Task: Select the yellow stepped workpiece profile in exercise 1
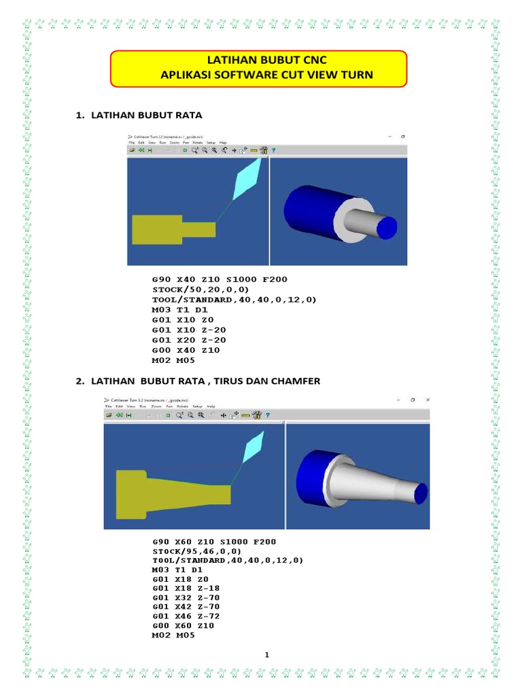tap(163, 229)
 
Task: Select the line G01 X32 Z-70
tap(186, 597)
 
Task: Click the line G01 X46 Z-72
tap(186, 616)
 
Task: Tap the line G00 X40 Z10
tap(186, 350)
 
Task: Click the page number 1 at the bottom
tap(267, 655)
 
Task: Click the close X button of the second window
tap(428, 400)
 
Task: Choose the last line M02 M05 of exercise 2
tap(173, 636)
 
